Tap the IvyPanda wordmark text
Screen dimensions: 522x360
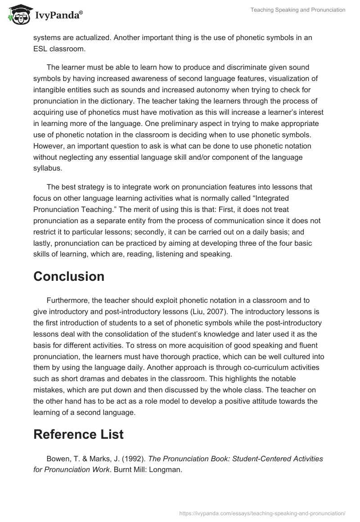tap(58, 16)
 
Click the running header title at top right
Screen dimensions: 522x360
tap(298, 10)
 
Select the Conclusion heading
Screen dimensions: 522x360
tap(69, 276)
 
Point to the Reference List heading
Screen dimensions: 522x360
tap(78, 434)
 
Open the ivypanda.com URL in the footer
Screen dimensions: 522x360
tap(262, 513)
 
